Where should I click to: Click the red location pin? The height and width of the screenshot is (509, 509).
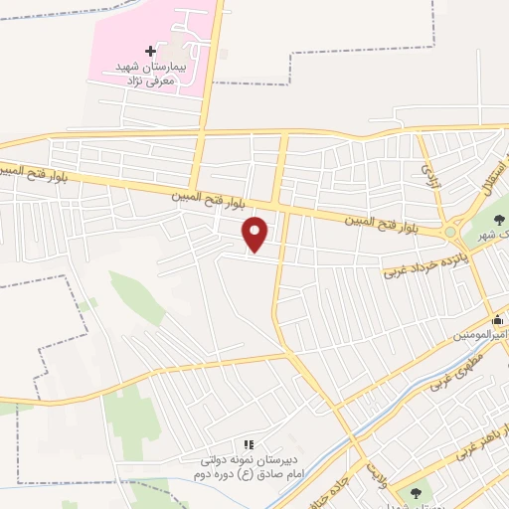coord(256,234)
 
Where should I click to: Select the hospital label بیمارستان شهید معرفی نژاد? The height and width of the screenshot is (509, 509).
coord(153,72)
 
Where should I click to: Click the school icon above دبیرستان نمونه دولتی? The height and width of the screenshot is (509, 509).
coord(248,443)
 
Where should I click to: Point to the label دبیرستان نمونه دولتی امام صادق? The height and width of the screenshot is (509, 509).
coord(248,468)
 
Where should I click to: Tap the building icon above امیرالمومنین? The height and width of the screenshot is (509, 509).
coord(498,320)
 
